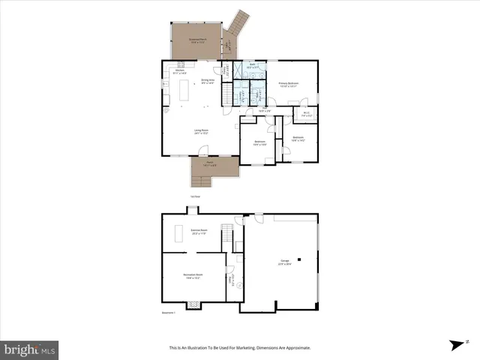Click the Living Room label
pyautogui.click(x=201, y=132)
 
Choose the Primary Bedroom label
pyautogui.click(x=288, y=84)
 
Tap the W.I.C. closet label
pyautogui.click(x=306, y=115)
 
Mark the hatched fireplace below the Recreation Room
pyautogui.click(x=193, y=304)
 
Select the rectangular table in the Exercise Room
pyautogui.click(x=179, y=234)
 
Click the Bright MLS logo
pyautogui.click(x=29, y=349)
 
